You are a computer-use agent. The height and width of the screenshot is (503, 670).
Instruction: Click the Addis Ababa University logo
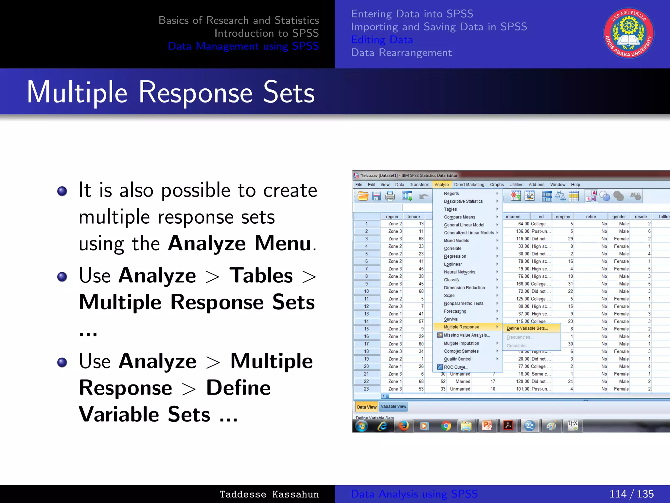tap(628, 33)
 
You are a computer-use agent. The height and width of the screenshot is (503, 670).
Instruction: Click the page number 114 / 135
tap(631, 494)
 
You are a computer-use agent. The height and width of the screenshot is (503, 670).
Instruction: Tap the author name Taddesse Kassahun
tap(269, 494)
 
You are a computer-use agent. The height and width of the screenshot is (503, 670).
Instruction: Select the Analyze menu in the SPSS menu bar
tap(441, 185)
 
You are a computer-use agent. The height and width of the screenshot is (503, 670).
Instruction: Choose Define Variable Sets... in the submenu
tap(527, 328)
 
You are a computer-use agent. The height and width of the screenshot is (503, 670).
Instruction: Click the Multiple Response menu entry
tap(461, 327)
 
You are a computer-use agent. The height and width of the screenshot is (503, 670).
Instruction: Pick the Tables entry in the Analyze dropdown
tap(450, 209)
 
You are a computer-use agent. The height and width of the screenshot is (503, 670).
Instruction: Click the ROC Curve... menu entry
tap(456, 367)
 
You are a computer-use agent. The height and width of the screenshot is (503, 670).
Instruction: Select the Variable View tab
tap(393, 406)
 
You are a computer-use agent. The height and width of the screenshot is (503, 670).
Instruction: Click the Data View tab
tap(366, 407)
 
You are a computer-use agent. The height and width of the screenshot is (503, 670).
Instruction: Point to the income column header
tap(513, 216)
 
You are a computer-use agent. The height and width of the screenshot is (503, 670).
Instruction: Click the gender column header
tap(619, 216)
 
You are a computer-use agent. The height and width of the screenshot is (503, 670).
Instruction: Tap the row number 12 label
tap(366, 307)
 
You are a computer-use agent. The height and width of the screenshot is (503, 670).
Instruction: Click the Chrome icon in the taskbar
tap(446, 426)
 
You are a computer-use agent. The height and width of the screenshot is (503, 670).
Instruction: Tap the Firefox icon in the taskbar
tap(403, 426)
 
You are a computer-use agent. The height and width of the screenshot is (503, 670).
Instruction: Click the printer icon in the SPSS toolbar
tap(390, 196)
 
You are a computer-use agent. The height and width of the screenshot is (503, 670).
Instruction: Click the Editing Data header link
tap(382, 40)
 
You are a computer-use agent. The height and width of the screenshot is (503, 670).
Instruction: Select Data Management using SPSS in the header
tap(243, 46)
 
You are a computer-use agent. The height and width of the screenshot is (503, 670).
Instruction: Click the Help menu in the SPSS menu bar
tap(575, 185)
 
